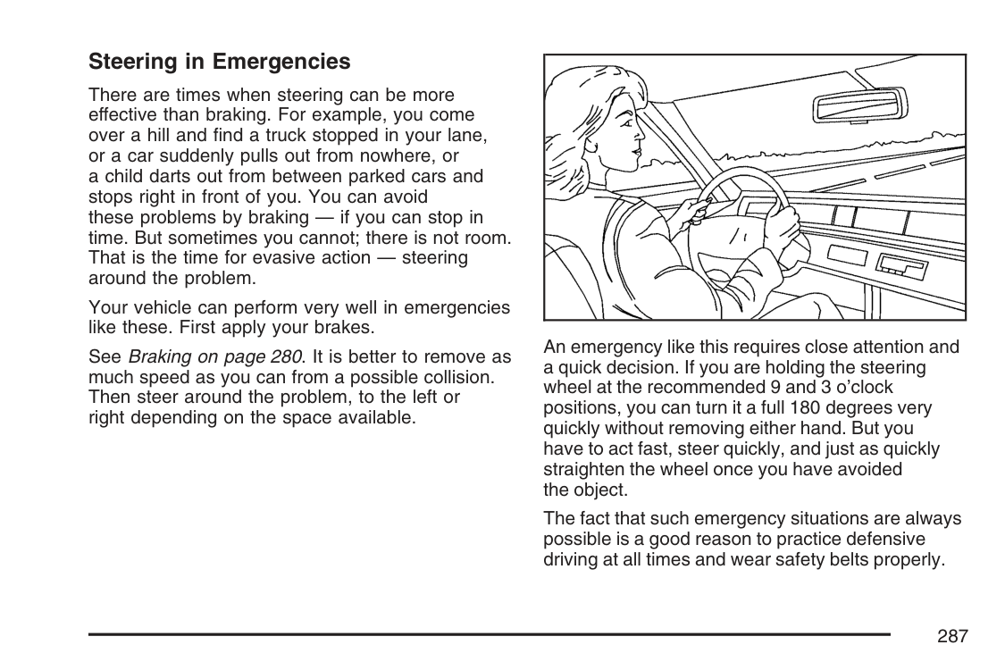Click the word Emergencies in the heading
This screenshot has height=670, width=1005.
pos(282,62)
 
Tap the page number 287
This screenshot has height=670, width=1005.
pos(952,636)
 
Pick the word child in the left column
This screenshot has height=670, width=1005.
pos(123,176)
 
